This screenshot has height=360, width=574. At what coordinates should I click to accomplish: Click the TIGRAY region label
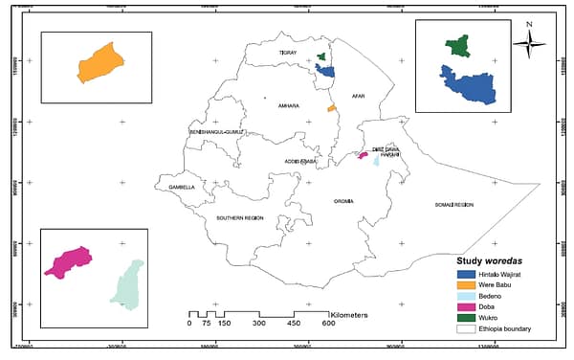(x=288, y=52)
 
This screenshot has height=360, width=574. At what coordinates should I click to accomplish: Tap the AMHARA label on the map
(x=289, y=105)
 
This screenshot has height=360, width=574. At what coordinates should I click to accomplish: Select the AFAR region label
(x=359, y=97)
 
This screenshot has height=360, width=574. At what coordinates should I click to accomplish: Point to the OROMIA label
(x=343, y=201)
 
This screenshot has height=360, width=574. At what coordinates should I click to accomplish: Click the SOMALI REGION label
(x=454, y=205)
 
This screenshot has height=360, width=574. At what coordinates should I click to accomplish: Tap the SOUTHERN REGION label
(x=239, y=218)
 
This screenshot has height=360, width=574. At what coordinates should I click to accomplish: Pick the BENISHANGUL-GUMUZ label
(x=217, y=131)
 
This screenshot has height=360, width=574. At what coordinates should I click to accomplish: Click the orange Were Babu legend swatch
(x=466, y=284)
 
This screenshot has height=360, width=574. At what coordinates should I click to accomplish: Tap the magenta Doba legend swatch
(x=466, y=307)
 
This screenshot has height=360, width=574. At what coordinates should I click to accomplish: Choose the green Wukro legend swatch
(x=466, y=318)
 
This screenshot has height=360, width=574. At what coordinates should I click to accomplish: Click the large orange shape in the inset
(x=99, y=63)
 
